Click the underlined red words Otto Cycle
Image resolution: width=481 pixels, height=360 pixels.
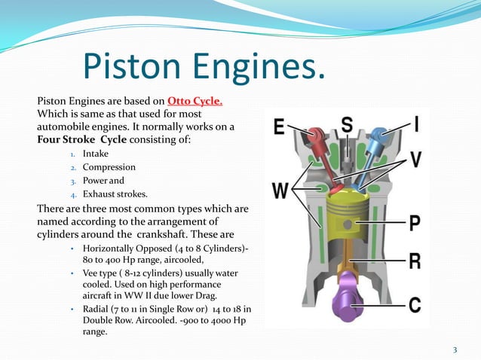click(195, 102)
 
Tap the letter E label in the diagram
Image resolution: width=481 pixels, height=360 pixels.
click(280, 129)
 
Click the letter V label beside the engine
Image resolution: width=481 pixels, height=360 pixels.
click(415, 159)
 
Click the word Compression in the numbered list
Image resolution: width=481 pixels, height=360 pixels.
click(109, 167)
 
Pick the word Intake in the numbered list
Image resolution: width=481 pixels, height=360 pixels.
click(97, 154)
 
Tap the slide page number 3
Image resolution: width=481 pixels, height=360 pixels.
click(455, 349)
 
